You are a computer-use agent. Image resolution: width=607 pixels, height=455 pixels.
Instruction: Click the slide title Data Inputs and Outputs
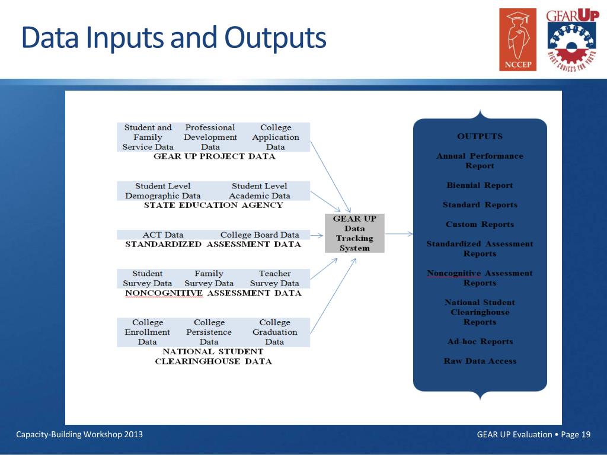173,37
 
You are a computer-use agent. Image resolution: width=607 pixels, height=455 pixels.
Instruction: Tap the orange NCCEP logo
517,40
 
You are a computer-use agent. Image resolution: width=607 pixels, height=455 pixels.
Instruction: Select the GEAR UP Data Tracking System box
354,233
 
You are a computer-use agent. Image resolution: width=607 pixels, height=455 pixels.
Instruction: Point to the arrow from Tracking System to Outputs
399,233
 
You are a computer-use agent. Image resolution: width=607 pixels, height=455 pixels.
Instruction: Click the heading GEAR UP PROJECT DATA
214,157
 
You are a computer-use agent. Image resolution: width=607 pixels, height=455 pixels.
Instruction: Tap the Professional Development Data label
210,137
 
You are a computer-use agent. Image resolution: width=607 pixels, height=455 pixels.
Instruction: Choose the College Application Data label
276,137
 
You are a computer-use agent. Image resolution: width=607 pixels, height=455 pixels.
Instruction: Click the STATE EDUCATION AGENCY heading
213,206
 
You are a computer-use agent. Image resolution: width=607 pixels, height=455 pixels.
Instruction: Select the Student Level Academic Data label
260,191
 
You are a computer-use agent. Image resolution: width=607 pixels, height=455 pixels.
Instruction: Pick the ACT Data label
163,235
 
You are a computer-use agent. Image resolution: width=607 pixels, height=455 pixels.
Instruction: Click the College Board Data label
260,235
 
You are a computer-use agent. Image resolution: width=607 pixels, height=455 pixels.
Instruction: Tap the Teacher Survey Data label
274,278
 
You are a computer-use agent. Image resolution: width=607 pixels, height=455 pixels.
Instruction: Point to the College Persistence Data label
209,332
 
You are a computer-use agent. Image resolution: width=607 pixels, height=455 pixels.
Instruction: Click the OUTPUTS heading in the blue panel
480,136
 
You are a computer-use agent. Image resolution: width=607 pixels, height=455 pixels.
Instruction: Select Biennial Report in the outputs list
480,185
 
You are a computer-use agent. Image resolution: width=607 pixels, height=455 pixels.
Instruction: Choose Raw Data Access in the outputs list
480,361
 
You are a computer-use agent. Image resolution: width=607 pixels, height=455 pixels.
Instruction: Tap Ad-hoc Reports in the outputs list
480,342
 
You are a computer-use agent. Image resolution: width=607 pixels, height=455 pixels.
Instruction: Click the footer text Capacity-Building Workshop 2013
79,435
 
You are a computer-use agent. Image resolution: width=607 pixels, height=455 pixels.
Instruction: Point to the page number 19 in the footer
586,435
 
